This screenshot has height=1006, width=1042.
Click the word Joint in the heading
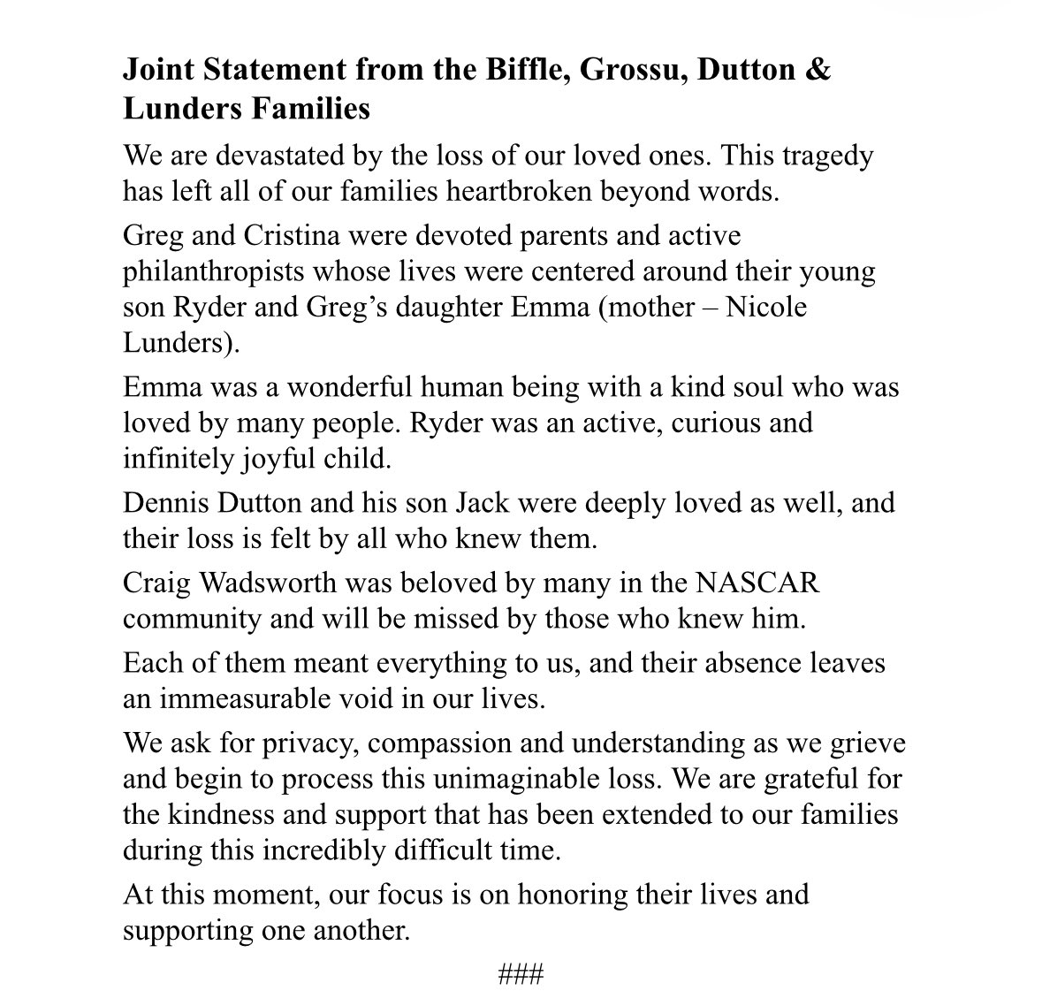click(x=153, y=70)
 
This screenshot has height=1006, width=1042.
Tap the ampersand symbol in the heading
click(x=818, y=70)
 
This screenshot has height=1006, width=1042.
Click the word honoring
click(x=573, y=895)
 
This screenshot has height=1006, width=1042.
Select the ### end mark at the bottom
click(x=521, y=976)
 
